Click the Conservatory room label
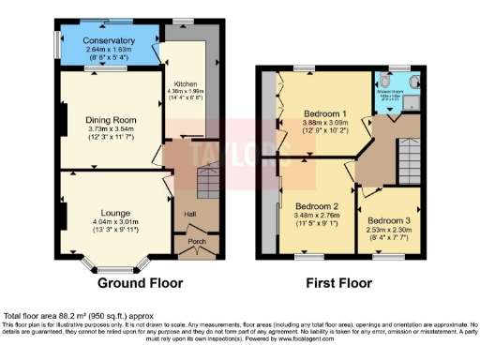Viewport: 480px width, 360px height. pyautogui.click(x=108, y=40)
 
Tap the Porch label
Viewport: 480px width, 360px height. pyautogui.click(x=197, y=242)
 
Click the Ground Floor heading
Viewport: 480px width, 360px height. pyautogui.click(x=141, y=282)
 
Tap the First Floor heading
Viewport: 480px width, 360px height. pyautogui.click(x=342, y=282)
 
